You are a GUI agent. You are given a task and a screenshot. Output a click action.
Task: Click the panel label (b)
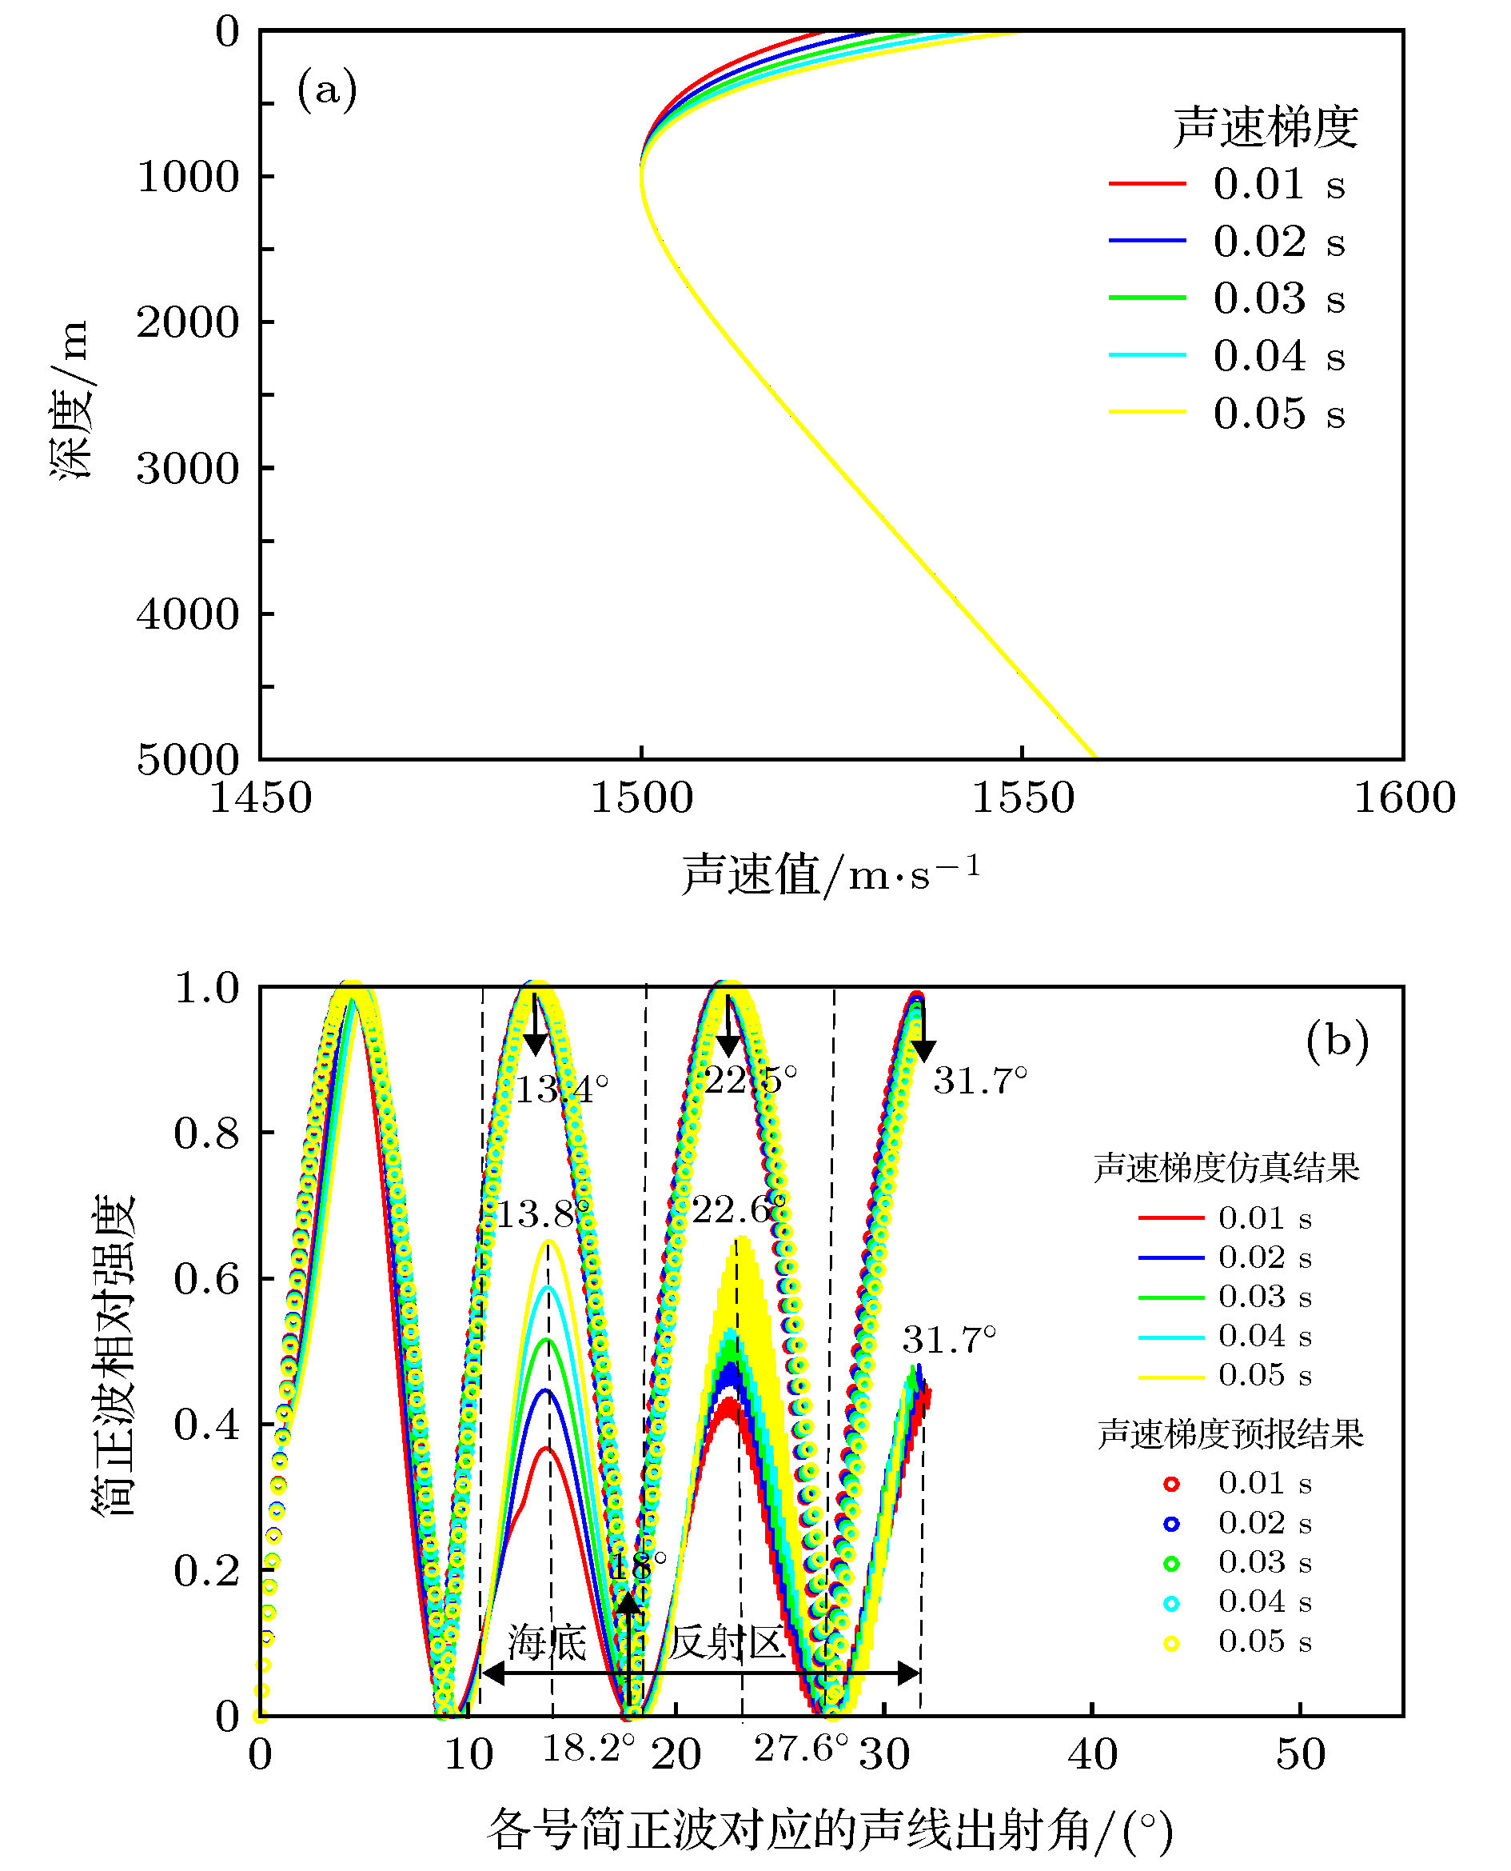click(1337, 1041)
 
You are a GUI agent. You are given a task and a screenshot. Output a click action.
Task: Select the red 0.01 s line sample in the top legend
click(1147, 184)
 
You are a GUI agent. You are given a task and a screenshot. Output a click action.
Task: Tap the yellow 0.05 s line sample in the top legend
click(1147, 412)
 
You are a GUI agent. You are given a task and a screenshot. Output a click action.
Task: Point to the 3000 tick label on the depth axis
click(188, 469)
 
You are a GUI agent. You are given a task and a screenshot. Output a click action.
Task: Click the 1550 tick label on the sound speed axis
click(1023, 798)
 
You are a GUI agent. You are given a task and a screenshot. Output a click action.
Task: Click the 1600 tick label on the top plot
click(1404, 798)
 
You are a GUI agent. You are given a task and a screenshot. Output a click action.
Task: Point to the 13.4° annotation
click(561, 1089)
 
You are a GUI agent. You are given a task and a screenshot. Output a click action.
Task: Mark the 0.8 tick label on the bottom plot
click(206, 1133)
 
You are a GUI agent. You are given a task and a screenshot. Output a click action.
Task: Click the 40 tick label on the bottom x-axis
click(1092, 1754)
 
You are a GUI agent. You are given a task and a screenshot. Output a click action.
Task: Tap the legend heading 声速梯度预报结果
click(1230, 1434)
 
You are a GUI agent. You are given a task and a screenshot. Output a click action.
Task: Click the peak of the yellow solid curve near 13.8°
click(548, 1241)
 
